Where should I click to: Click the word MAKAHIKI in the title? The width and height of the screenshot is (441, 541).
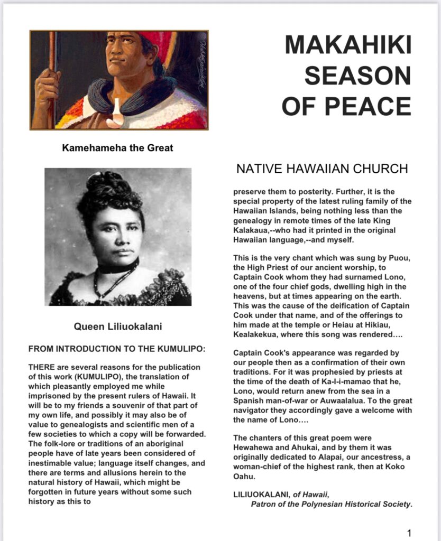[x=348, y=45]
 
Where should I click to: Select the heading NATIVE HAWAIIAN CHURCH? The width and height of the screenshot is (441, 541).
[x=322, y=169]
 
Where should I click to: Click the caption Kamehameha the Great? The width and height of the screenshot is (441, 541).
[x=117, y=148]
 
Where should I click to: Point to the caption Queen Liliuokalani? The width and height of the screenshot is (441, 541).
[x=117, y=327]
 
